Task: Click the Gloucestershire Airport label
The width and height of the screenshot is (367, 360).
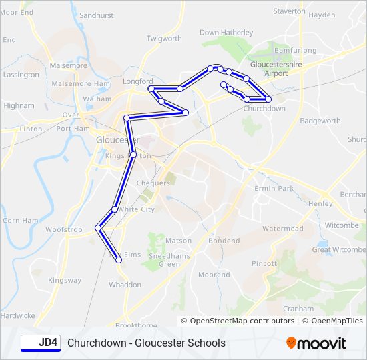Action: pos(276,69)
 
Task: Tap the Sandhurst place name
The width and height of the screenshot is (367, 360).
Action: pos(96,15)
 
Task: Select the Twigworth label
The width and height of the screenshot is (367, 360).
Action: pos(164,39)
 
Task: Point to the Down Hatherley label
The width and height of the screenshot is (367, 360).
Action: pos(226,32)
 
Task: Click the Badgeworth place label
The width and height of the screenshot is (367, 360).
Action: pos(320,121)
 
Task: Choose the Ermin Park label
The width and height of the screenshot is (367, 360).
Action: pos(274,189)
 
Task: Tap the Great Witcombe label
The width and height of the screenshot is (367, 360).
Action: pos(339,250)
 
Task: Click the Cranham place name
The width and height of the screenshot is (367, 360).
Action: pos(298,309)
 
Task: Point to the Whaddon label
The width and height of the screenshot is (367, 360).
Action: pos(125,285)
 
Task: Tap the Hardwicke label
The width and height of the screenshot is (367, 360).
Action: pos(17,315)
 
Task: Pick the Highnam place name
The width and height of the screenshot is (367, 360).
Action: pos(19,105)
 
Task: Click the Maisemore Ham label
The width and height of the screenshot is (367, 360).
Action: pos(80,83)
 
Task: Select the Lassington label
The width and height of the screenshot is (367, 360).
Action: pos(21,75)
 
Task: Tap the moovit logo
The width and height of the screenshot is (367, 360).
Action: pos(316,343)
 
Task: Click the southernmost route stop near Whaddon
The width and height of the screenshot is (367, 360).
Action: pos(119,260)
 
